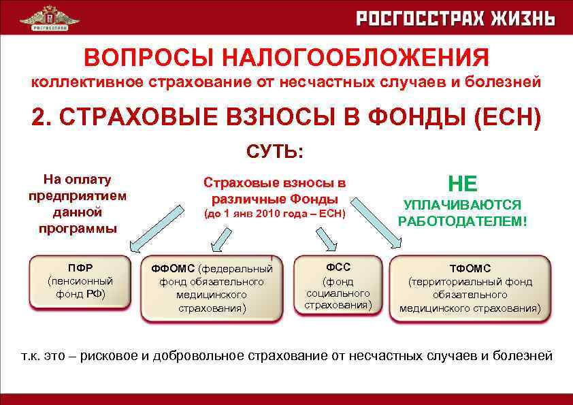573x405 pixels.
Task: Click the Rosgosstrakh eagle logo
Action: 48,17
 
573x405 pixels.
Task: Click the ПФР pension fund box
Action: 80,281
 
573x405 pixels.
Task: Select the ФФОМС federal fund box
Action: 212,288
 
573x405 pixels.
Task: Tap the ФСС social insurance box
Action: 338,285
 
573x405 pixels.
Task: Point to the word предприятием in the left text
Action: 78,196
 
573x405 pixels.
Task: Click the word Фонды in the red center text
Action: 312,199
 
